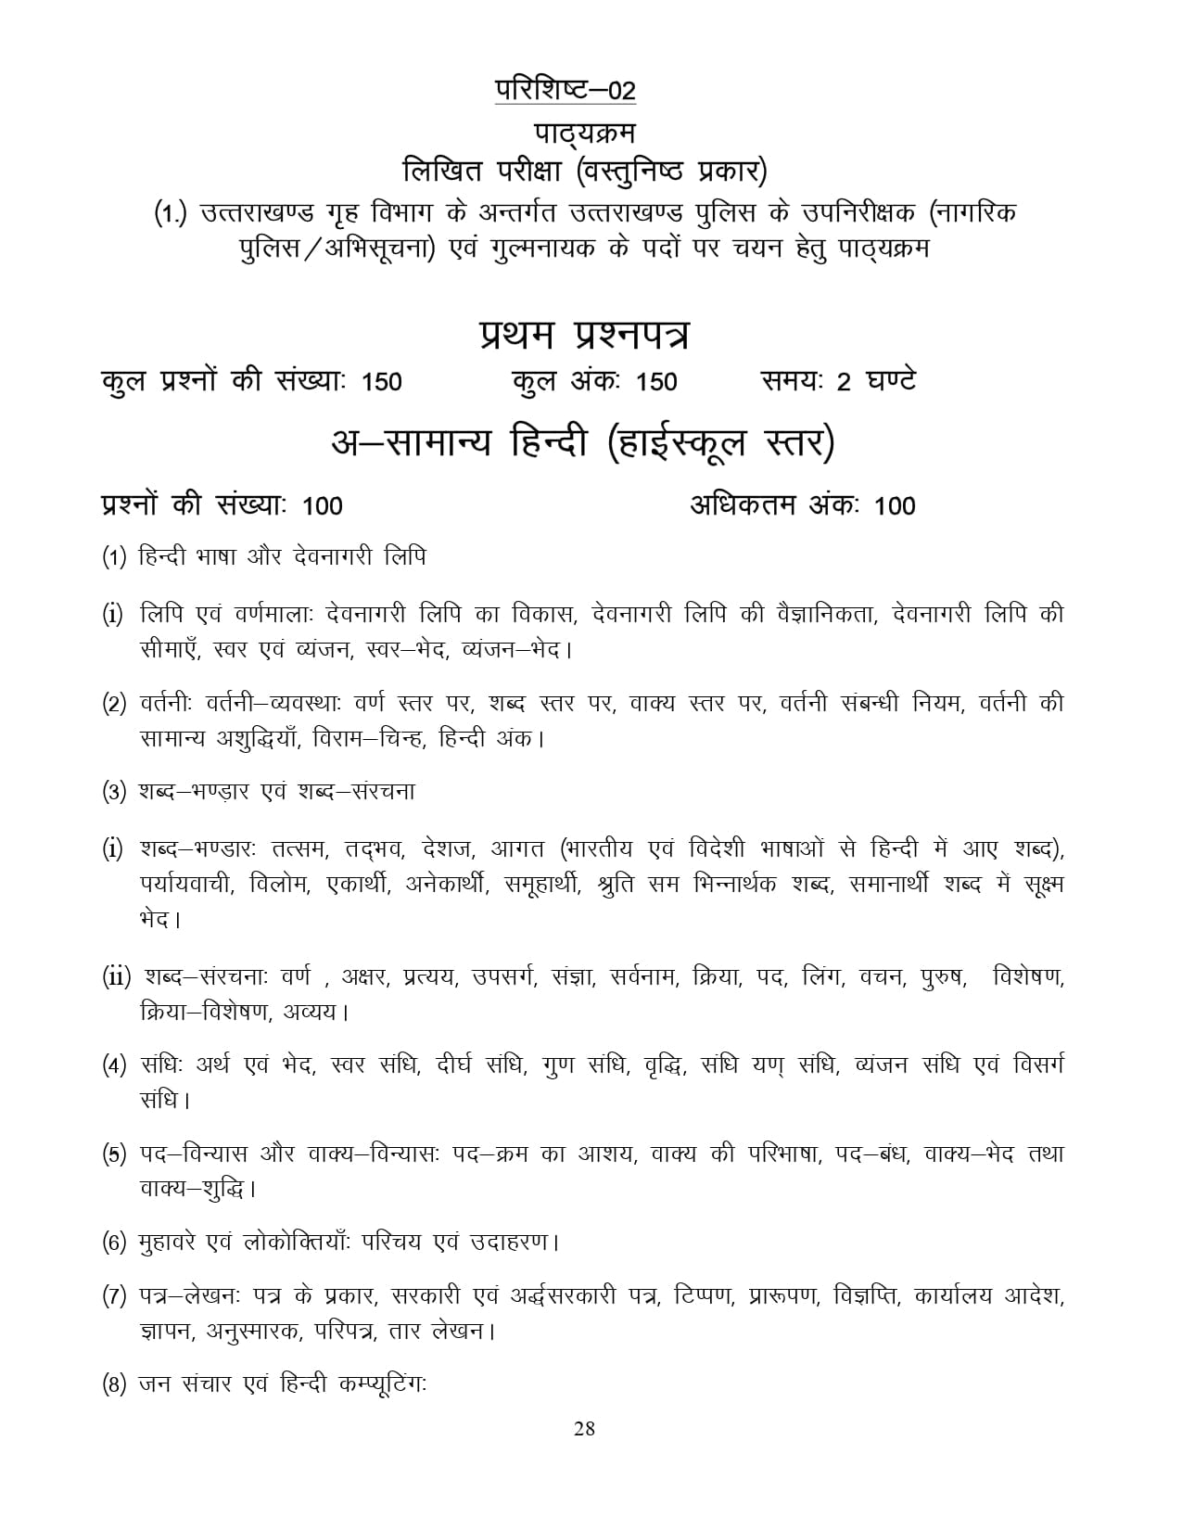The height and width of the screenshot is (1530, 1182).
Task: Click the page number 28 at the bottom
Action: point(584,1428)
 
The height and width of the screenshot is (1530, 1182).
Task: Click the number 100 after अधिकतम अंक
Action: point(895,505)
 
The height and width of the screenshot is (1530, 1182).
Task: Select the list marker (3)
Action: point(114,793)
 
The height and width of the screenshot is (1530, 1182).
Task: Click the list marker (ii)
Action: point(118,977)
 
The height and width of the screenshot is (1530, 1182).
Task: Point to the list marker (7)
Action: point(114,1297)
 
